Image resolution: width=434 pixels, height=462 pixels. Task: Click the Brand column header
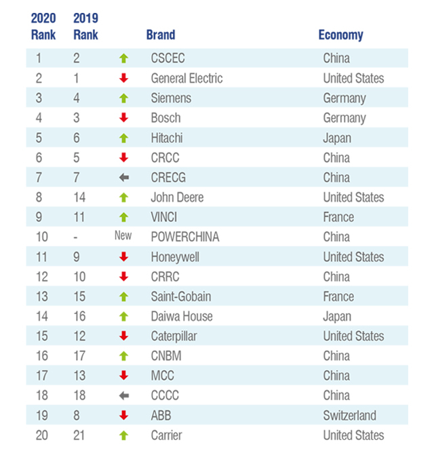tap(161, 35)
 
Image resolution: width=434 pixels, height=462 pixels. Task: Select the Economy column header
tap(340, 35)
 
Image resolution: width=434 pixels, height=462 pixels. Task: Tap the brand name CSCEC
tap(168, 58)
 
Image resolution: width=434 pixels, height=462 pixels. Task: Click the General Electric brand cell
tap(186, 78)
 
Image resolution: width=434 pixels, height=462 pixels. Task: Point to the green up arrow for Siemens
tap(123, 98)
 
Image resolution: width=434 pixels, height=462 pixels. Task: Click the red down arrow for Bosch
tap(123, 118)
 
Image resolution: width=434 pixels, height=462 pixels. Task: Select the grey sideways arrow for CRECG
tap(123, 178)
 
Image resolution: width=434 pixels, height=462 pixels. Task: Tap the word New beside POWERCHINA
tap(123, 237)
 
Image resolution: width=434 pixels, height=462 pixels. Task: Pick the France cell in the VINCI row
tap(338, 217)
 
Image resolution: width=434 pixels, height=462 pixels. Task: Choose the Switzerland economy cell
tap(349, 415)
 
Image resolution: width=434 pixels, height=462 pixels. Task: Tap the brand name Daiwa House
tap(182, 316)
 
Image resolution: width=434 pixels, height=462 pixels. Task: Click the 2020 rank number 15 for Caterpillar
tap(42, 336)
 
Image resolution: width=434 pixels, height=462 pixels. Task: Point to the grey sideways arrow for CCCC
tap(123, 396)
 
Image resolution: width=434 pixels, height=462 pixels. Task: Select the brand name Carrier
tap(166, 435)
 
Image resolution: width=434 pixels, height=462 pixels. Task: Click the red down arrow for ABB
tap(123, 415)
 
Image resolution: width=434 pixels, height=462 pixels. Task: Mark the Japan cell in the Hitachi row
tap(337, 138)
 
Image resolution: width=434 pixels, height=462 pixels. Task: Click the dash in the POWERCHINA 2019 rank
tap(77, 237)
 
